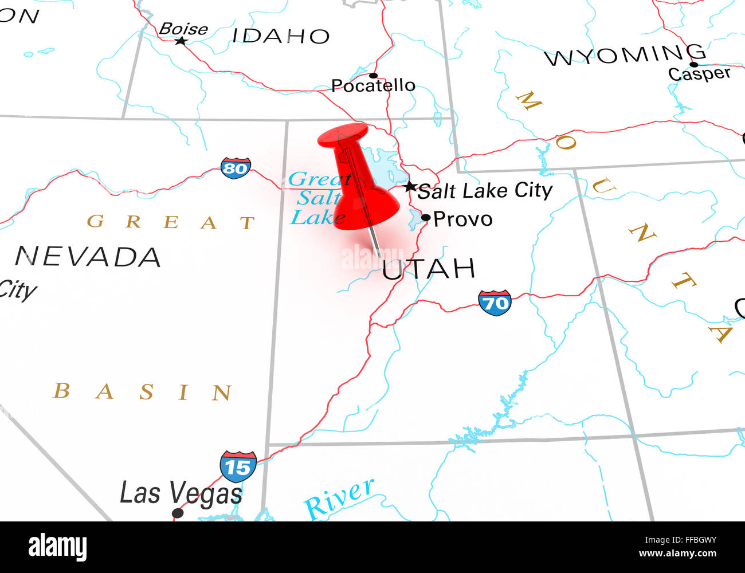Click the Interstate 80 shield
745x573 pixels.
[x=236, y=168]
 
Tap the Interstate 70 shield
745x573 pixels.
[x=495, y=303]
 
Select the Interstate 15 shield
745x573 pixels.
[x=238, y=466]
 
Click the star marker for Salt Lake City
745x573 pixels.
[x=410, y=187]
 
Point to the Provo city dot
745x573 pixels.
[x=426, y=218]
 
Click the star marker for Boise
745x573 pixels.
[x=181, y=41]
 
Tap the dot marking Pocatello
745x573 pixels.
[x=373, y=76]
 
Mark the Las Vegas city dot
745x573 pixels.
[x=178, y=513]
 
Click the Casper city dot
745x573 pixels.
[x=693, y=64]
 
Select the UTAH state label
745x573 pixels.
[x=429, y=269]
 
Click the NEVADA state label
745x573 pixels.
[x=88, y=257]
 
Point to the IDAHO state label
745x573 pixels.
[x=281, y=36]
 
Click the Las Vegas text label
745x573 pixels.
[x=181, y=493]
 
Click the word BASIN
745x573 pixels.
[x=143, y=392]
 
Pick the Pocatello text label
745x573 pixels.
[x=373, y=86]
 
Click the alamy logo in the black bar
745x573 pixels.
[x=57, y=547]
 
